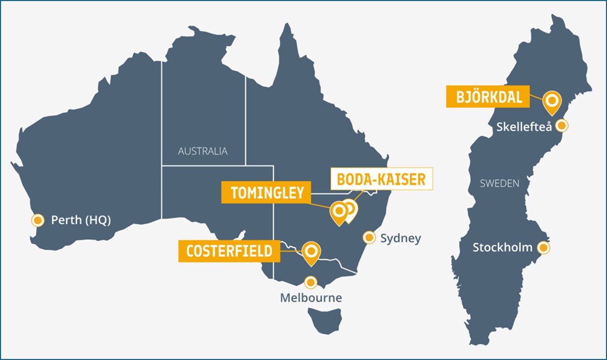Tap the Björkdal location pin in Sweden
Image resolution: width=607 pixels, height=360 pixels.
pos(552,100)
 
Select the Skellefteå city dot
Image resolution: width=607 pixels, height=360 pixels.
pos(562,125)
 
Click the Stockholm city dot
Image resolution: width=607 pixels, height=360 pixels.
pos(544,248)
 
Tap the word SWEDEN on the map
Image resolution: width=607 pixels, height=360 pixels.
pos(500,183)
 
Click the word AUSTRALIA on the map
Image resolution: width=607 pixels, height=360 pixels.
pos(203,151)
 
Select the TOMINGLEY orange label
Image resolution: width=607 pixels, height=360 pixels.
pos(267,193)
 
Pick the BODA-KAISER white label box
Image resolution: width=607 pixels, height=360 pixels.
pos(381,179)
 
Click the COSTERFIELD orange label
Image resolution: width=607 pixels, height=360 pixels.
pos(229,251)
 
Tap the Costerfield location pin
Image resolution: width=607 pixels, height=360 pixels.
pos(311,252)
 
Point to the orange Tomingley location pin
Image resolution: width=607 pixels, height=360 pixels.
pos(338,211)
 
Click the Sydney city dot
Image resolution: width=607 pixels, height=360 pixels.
pos(368,238)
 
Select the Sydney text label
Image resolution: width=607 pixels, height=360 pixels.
pos(400,238)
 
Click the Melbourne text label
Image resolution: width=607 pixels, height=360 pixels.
pos(311,298)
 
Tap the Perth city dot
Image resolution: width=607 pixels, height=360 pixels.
pos(37,220)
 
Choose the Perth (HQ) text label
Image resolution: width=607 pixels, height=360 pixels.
pos(81,220)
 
